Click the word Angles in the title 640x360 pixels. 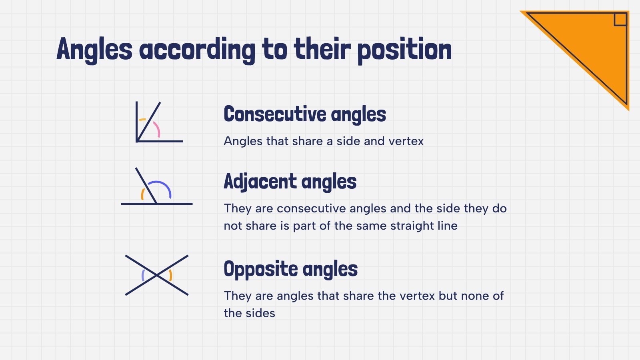tap(94, 50)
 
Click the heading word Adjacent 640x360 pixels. tap(260, 182)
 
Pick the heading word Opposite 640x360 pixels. tap(261, 269)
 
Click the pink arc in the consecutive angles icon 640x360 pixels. tap(157, 129)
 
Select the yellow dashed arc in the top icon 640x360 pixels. tap(142, 120)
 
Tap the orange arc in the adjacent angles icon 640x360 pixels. tap(142, 194)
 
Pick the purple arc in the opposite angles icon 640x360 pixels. tap(143, 275)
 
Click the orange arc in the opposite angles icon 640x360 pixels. tap(171, 275)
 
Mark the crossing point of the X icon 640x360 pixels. tap(157, 275)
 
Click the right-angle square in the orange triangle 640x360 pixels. tap(620, 19)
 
